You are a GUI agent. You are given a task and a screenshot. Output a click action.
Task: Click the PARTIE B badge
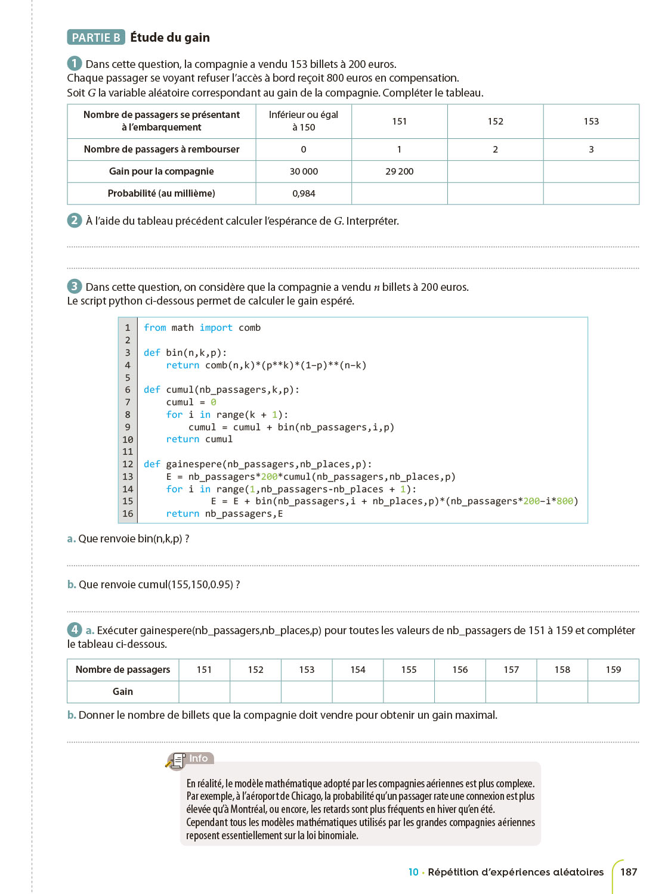coord(96,38)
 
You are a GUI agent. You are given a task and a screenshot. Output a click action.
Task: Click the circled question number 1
coord(74,63)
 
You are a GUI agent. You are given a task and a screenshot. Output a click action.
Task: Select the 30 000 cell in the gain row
coord(304,172)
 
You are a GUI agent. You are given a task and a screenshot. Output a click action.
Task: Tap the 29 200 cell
coord(399,172)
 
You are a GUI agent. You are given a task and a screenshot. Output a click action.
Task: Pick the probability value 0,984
coord(304,194)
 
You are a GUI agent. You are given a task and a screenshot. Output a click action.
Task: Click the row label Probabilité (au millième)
coord(161,194)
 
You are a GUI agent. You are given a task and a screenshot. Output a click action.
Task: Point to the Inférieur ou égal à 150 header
coord(304,121)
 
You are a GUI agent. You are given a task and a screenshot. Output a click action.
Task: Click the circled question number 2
coord(74,220)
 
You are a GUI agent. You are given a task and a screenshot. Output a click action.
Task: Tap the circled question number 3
coord(74,286)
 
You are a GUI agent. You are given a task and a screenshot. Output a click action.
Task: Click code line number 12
coord(128,464)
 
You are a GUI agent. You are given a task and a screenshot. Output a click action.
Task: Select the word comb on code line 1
coord(249,328)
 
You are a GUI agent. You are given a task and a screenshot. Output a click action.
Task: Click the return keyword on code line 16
coord(183,514)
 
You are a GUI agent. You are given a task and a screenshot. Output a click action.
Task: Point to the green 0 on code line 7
coord(214,402)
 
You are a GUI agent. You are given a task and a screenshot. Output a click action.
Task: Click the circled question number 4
coord(74,629)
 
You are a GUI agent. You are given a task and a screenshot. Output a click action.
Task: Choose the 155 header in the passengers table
coord(409,670)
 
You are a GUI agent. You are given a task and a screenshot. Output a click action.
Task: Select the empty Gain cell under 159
coord(613,692)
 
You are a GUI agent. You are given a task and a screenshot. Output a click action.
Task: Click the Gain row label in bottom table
coord(123,692)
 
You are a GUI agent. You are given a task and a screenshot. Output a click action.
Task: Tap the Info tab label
coord(199,758)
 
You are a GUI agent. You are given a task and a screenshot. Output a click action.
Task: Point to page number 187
coord(629,872)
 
